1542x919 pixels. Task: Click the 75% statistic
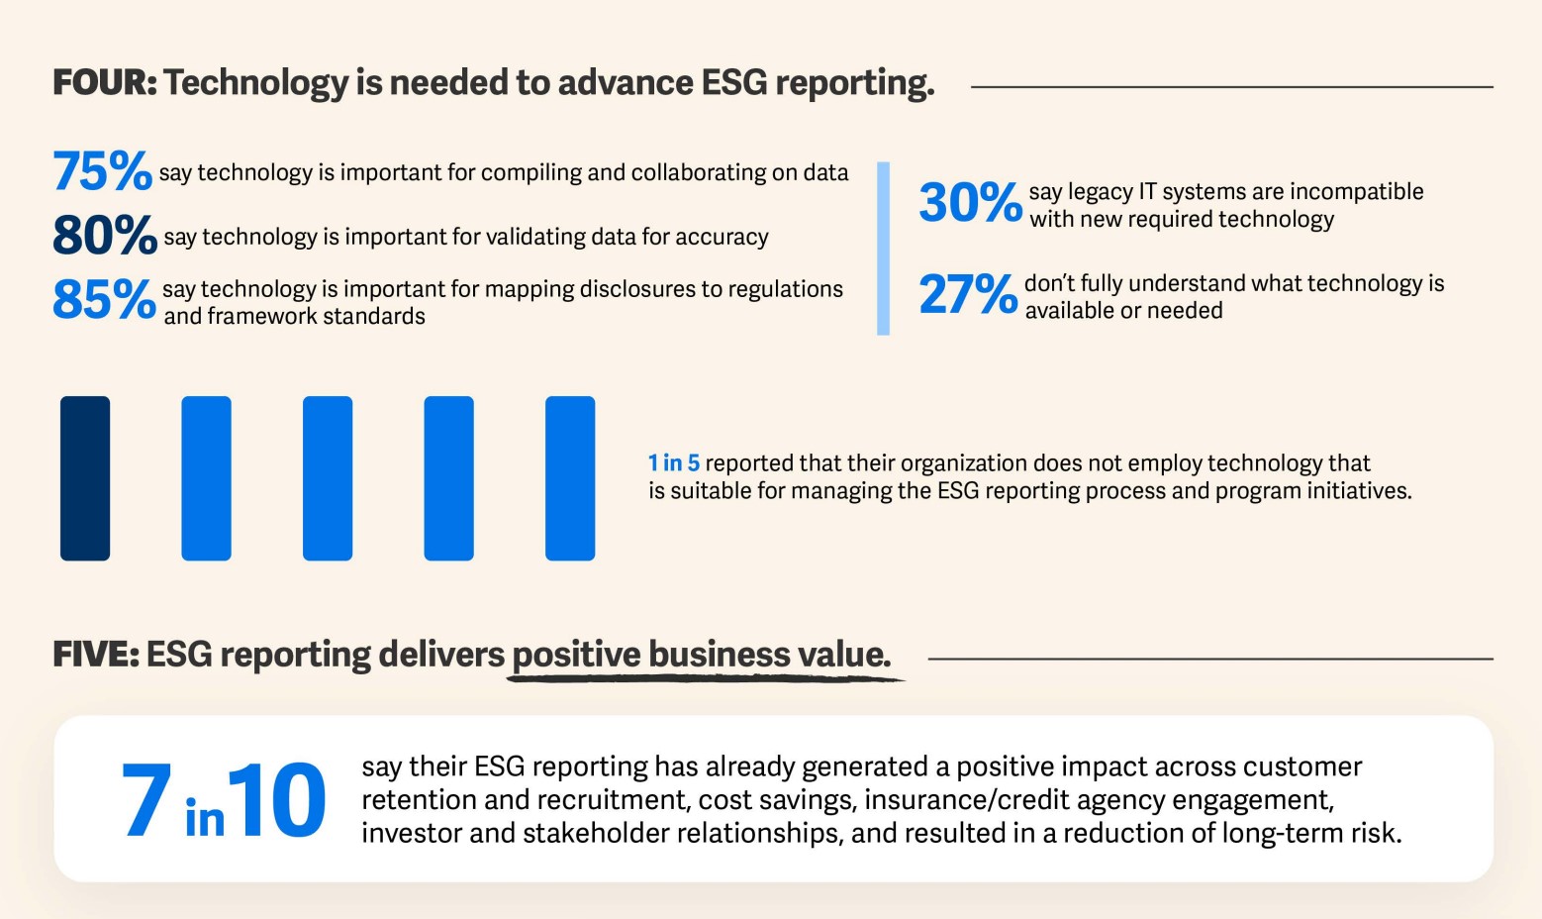(102, 171)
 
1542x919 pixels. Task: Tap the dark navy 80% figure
(104, 236)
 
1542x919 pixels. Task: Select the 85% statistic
(104, 299)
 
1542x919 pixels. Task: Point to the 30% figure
(970, 203)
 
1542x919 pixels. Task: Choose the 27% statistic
(968, 294)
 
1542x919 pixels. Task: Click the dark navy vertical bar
(85, 478)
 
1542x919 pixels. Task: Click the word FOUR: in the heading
(105, 82)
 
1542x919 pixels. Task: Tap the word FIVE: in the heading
(96, 655)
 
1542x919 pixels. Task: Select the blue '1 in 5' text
(674, 462)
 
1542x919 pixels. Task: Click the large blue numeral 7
(145, 800)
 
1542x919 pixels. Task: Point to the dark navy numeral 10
(276, 800)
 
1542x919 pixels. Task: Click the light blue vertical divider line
(883, 249)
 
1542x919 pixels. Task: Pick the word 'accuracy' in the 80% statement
(728, 238)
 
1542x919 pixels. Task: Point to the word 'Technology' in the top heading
(255, 82)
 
